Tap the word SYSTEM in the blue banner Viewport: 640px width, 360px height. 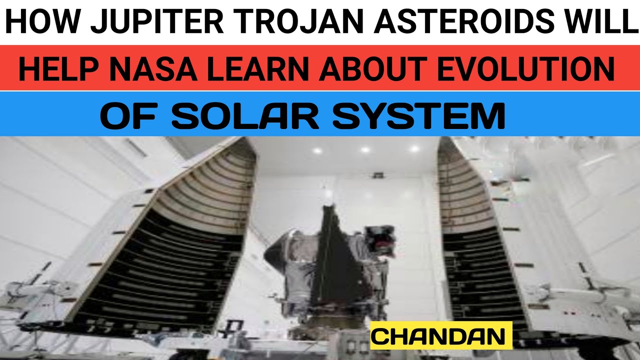point(418,116)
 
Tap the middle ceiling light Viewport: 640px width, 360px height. point(365,149)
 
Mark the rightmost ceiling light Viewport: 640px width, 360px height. point(414,148)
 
